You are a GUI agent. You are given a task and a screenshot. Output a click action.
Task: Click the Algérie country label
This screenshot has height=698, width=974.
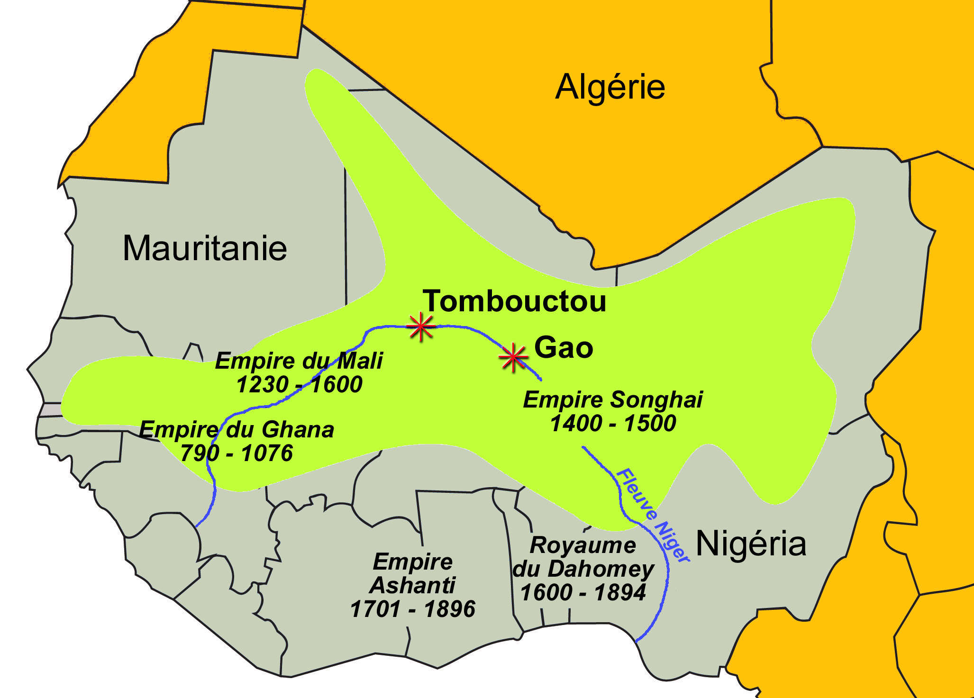tap(610, 87)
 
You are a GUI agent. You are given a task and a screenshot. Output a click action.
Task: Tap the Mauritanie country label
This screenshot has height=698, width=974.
tap(205, 248)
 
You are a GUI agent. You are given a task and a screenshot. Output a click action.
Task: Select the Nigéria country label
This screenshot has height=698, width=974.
tap(751, 544)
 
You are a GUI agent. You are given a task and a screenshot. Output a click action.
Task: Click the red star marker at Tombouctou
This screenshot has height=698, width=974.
tap(421, 326)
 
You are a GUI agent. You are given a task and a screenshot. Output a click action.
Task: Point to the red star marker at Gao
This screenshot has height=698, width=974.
tap(513, 358)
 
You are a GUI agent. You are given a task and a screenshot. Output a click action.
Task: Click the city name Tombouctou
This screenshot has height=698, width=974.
tap(514, 301)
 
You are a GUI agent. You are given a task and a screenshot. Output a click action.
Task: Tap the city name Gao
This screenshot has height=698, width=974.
tap(564, 347)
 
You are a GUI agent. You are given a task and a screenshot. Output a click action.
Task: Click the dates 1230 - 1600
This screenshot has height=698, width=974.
tap(299, 384)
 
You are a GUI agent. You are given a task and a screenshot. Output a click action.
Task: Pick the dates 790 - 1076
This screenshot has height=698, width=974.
tap(237, 453)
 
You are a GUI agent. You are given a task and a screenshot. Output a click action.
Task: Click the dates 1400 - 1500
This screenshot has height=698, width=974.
tap(613, 423)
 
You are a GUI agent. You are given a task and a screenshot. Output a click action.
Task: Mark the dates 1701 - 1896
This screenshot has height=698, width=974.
tap(412, 609)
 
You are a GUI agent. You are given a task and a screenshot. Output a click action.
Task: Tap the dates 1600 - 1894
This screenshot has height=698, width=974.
tap(583, 593)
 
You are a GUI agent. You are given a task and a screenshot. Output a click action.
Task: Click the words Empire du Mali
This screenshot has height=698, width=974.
tap(299, 361)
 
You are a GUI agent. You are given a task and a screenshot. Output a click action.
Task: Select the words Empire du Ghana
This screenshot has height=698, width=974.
tap(237, 430)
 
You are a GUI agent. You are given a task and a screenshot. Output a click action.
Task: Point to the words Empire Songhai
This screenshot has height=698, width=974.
tap(613, 399)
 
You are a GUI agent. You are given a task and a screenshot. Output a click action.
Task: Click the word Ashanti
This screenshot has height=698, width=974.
tap(412, 586)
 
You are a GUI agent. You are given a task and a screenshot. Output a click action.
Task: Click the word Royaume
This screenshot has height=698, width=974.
tap(583, 545)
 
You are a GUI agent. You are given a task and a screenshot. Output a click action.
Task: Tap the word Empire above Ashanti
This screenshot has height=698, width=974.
tap(412, 562)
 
